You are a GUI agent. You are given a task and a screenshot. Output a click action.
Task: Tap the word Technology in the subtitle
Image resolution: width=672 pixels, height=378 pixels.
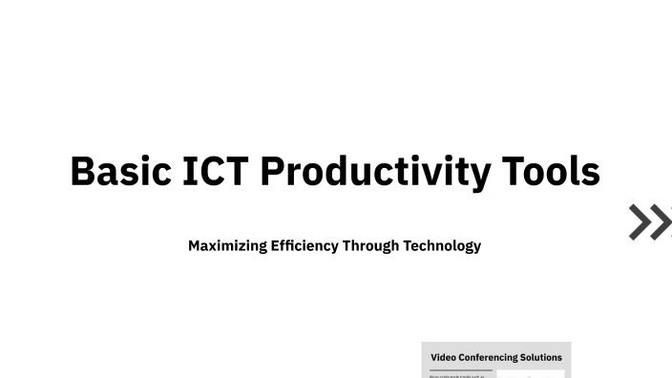click(442, 246)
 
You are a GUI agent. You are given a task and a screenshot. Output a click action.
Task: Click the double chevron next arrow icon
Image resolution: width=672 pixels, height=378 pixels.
click(650, 221)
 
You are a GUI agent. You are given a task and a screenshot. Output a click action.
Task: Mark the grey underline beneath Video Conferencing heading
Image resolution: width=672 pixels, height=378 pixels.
click(461, 369)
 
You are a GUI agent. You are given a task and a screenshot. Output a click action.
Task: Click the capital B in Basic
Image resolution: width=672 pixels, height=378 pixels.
click(83, 172)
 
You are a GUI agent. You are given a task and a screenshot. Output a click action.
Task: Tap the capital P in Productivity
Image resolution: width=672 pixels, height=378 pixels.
click(274, 172)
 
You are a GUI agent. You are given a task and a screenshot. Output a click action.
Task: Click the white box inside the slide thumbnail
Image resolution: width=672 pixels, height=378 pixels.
click(531, 374)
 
